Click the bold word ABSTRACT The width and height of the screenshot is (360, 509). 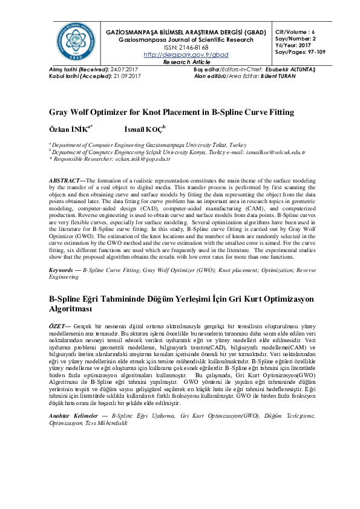pyautogui.click(x=67, y=181)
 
